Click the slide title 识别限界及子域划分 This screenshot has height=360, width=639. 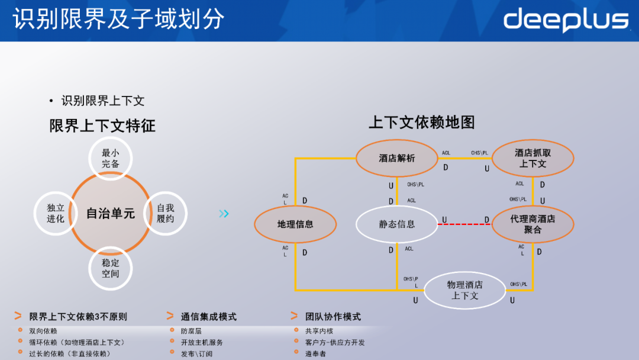click(x=118, y=19)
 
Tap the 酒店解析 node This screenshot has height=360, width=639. click(x=397, y=158)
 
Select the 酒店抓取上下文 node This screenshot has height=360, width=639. click(x=532, y=158)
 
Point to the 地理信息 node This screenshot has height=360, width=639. click(x=295, y=224)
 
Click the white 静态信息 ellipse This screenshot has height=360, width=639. click(x=397, y=224)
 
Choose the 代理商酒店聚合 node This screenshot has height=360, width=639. click(x=532, y=224)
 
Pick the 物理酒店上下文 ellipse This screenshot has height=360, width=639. click(x=465, y=290)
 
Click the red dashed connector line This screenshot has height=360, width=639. click(x=465, y=224)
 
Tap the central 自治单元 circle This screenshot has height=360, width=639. click(x=111, y=213)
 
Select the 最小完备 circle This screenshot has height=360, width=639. click(x=111, y=158)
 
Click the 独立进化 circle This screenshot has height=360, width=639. click(x=56, y=213)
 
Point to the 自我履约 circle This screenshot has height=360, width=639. click(x=166, y=213)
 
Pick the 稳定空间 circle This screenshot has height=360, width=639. click(x=111, y=268)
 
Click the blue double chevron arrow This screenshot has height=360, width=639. click(x=224, y=214)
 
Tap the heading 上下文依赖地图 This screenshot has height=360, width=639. click(x=421, y=123)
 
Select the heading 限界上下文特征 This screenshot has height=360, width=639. click(x=102, y=126)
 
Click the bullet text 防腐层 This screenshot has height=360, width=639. click(x=191, y=331)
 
